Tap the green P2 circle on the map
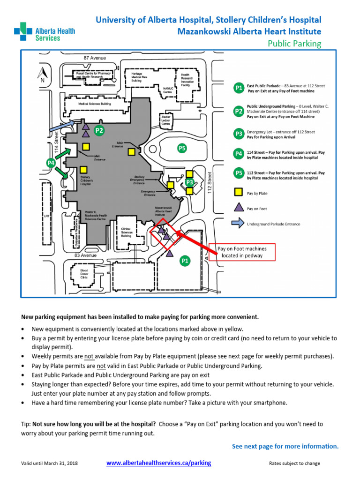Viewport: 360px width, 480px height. pos(99,131)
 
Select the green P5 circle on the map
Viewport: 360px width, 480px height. pos(182,149)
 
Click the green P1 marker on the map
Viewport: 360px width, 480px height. pos(185,261)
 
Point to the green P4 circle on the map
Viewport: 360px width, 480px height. pos(52,163)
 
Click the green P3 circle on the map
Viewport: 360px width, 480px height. pos(189,182)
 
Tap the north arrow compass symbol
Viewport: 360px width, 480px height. pos(41,74)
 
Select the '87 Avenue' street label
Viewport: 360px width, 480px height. pos(95,58)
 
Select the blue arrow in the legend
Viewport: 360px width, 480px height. pos(239,224)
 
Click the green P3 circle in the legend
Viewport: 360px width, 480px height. pos(239,134)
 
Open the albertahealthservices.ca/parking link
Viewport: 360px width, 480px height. pos(158,463)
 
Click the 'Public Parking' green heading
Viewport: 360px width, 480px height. pos(294,44)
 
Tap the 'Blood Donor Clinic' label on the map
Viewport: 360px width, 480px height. pos(84,274)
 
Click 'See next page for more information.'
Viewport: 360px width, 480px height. pos(285,446)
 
